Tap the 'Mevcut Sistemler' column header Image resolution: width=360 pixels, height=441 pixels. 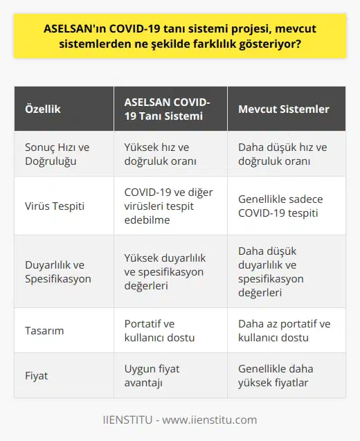[283, 109]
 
